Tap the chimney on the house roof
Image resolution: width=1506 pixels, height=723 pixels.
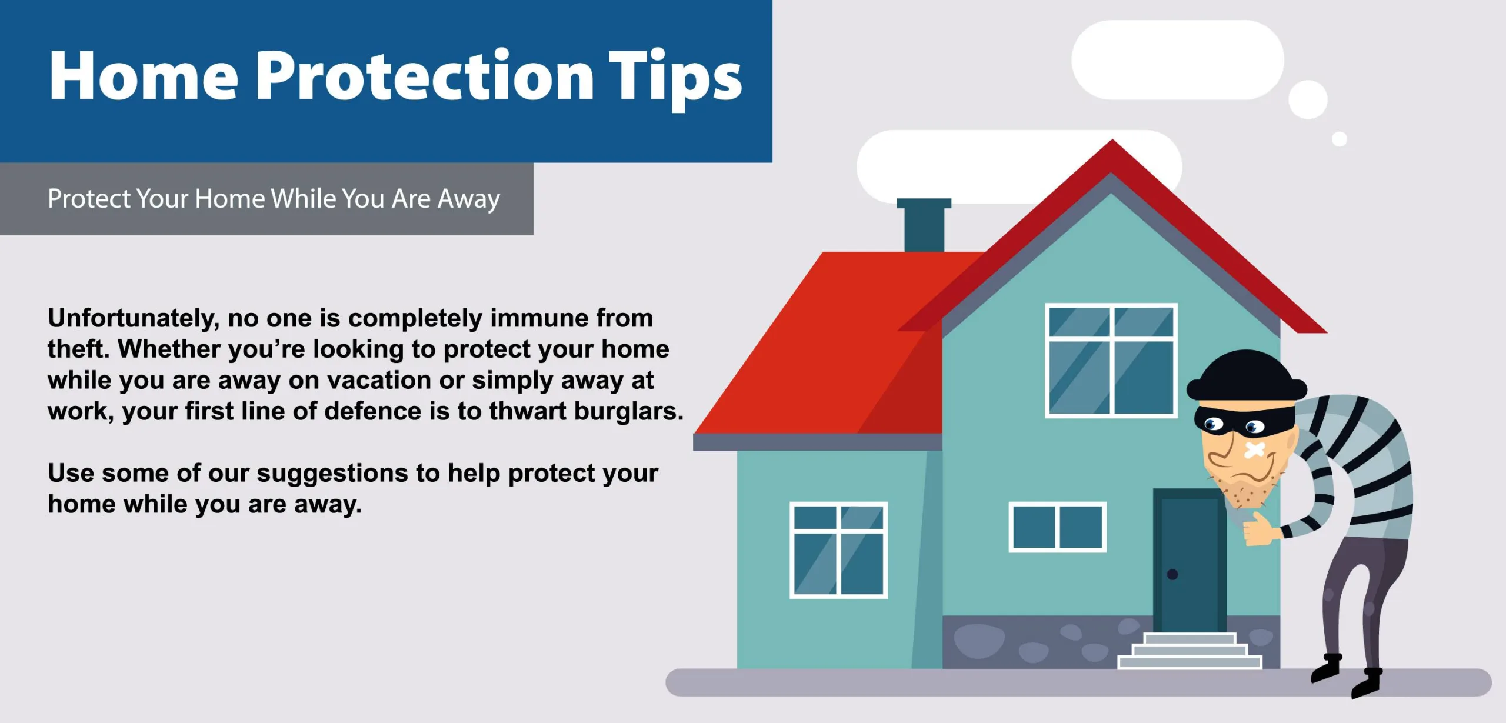pyautogui.click(x=924, y=225)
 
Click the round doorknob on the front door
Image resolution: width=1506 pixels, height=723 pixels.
pyautogui.click(x=1172, y=575)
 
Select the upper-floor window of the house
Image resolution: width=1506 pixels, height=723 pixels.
pyautogui.click(x=1111, y=361)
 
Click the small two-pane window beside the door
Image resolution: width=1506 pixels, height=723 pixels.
pyautogui.click(x=1058, y=527)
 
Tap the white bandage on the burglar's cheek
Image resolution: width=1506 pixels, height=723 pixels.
pyautogui.click(x=1254, y=451)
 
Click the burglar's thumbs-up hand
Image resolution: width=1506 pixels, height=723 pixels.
pyautogui.click(x=1260, y=529)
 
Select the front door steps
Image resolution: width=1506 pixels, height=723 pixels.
pyautogui.click(x=1190, y=651)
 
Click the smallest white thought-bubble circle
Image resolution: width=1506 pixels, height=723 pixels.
pyautogui.click(x=1340, y=139)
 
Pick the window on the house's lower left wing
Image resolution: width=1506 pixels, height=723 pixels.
pyautogui.click(x=838, y=550)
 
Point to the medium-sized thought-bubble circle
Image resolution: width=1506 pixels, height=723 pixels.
pyautogui.click(x=1308, y=99)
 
